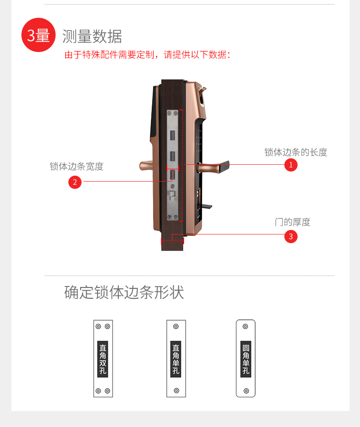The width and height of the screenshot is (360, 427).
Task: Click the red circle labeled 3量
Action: (38, 35)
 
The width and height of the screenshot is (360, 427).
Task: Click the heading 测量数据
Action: (92, 36)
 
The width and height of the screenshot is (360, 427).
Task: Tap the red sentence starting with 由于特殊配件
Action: (148, 55)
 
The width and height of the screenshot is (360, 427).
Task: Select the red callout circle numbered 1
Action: (291, 165)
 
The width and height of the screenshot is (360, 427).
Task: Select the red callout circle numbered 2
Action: (75, 182)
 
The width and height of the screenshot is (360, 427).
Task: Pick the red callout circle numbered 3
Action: (291, 236)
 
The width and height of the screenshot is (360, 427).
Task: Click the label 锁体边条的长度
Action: (296, 152)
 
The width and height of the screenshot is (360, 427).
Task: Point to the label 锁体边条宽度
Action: (77, 167)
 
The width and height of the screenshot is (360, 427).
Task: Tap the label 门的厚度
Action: (293, 222)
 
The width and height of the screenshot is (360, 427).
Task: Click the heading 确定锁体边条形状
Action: (124, 292)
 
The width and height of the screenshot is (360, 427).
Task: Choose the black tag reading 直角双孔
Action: (103, 359)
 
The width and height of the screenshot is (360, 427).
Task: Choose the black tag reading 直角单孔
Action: (176, 359)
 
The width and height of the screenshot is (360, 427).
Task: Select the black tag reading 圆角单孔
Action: (246, 359)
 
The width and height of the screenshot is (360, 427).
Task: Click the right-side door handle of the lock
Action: (214, 167)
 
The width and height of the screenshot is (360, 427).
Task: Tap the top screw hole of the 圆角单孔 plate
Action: (246, 326)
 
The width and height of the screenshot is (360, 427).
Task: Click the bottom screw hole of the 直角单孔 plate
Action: (176, 391)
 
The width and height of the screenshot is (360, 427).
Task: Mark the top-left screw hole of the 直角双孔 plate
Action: (98, 326)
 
